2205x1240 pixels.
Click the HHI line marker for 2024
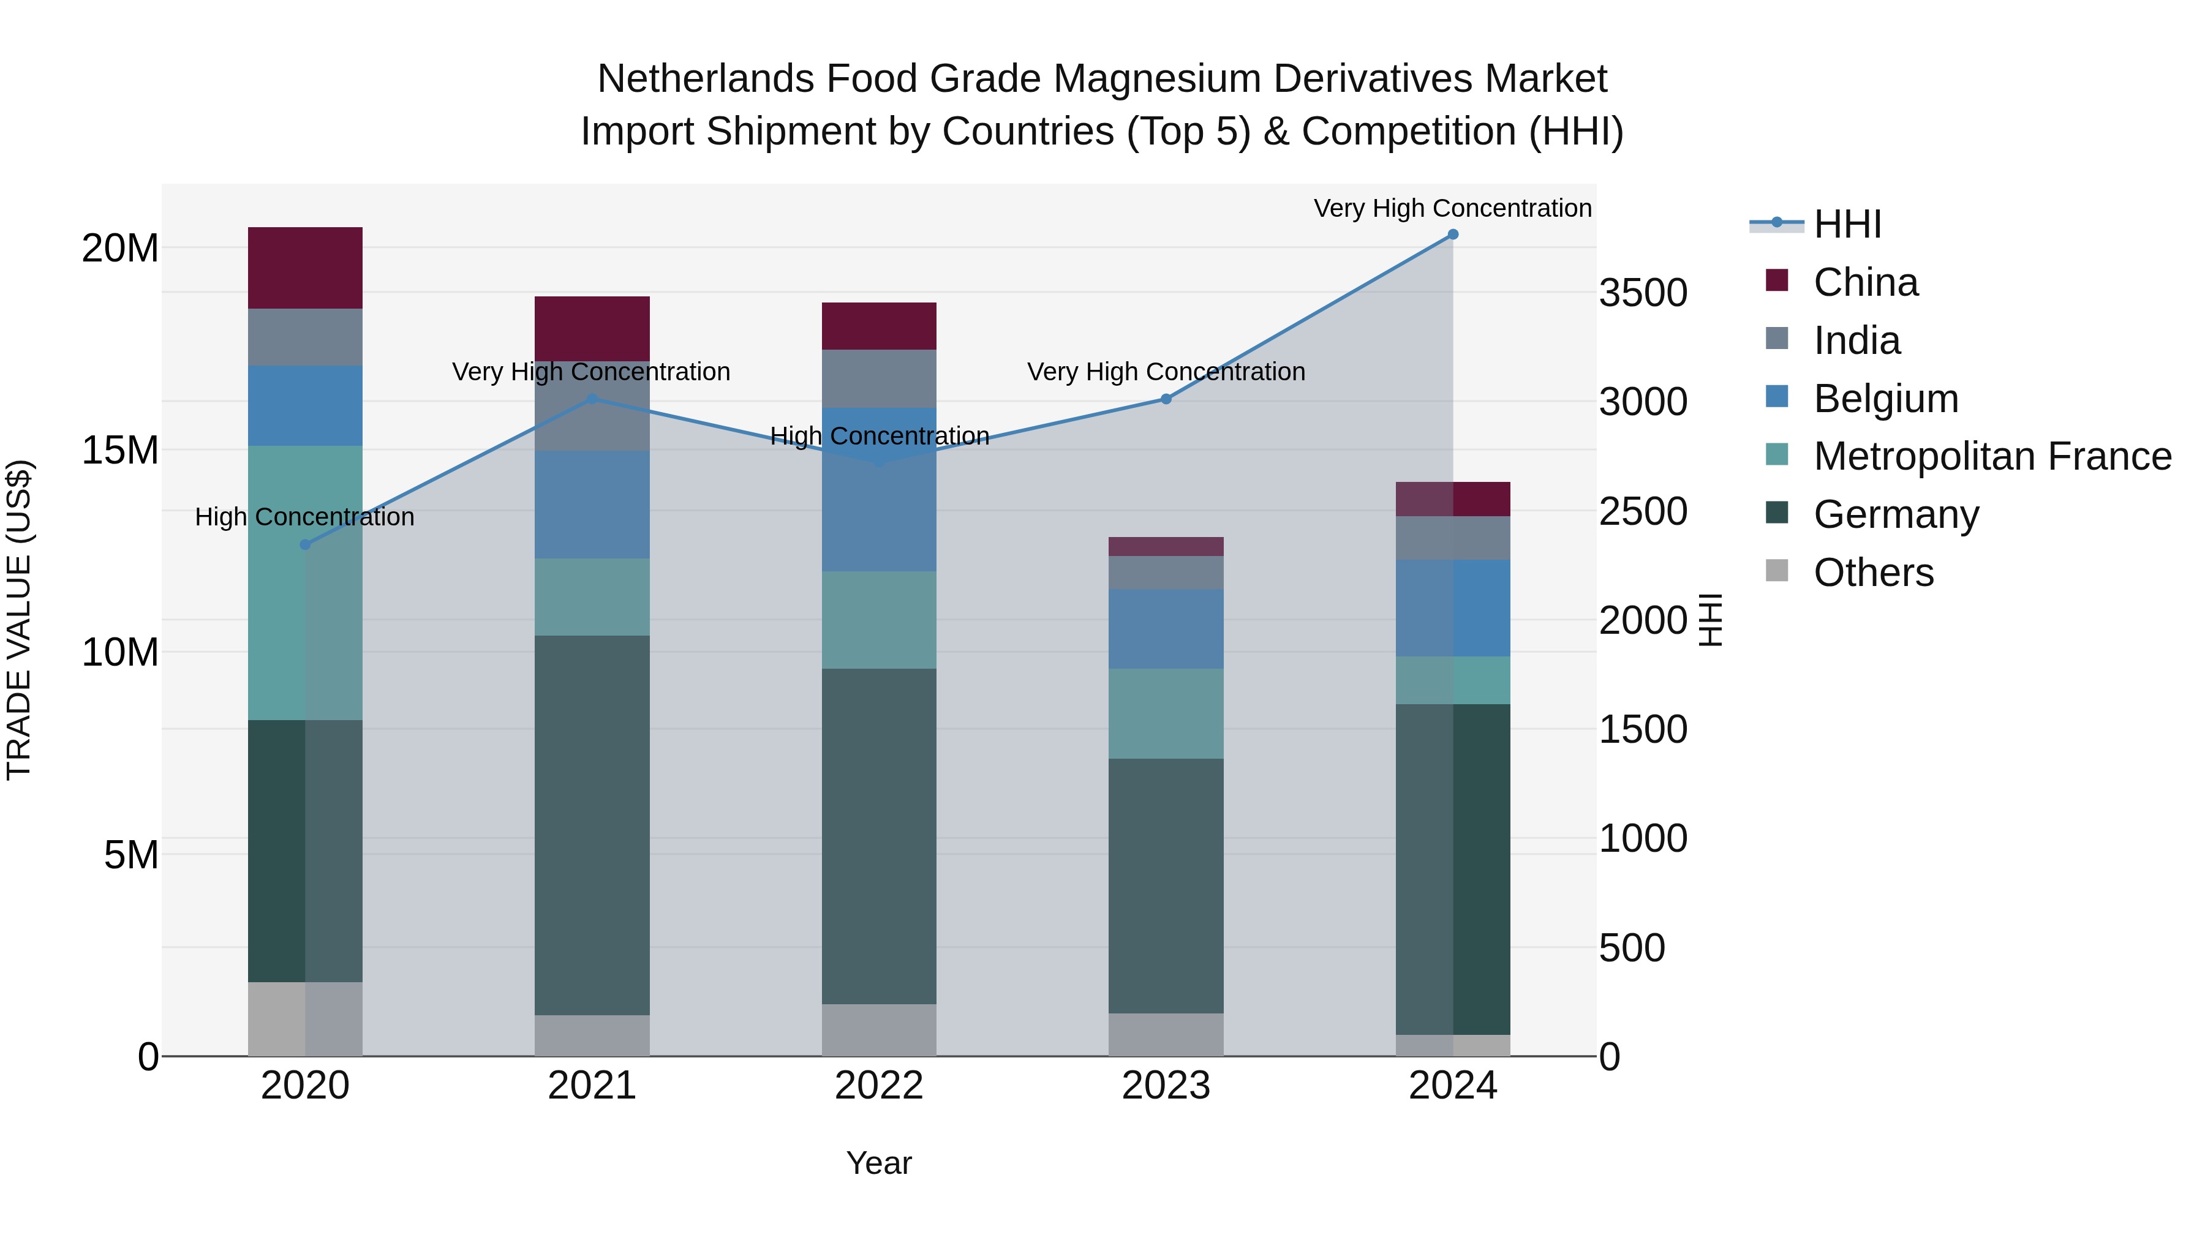[x=1453, y=235]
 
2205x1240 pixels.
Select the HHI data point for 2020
[x=306, y=544]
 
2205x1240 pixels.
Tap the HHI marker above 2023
[x=1166, y=399]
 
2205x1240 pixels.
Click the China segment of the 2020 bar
[x=306, y=268]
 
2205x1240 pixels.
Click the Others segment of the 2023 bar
[x=1166, y=1035]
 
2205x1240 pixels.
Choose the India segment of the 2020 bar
[x=306, y=337]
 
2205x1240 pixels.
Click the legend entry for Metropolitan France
[x=1992, y=456]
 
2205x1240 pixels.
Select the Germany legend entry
[x=1896, y=514]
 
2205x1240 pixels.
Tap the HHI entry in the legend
[x=1847, y=224]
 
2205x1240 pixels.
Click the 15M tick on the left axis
[x=120, y=450]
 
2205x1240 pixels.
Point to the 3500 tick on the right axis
[x=1643, y=293]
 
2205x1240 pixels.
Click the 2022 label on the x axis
[x=879, y=1086]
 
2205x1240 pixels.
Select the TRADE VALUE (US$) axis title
[x=19, y=620]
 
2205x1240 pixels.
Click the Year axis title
[x=879, y=1163]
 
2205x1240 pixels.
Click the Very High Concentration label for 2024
[x=1453, y=208]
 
